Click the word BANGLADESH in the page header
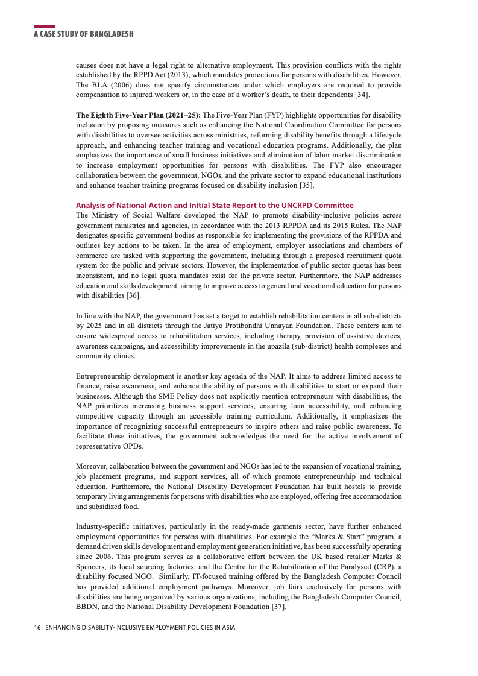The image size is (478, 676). coord(112,34)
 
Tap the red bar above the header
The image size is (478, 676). coord(44,27)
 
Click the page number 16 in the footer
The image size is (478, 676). coord(37,628)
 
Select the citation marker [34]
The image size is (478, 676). coord(362,95)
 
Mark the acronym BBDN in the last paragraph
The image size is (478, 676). coord(88,607)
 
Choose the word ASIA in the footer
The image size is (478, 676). coord(227,628)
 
